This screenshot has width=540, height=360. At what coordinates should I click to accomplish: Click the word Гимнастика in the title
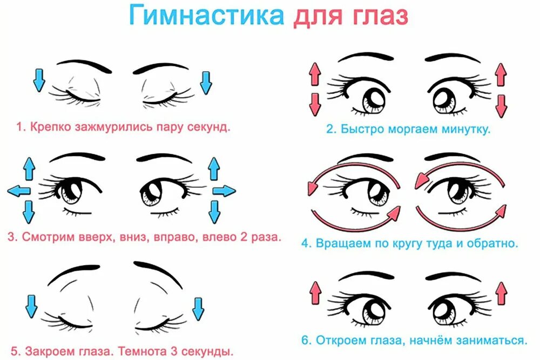pyautogui.click(x=206, y=16)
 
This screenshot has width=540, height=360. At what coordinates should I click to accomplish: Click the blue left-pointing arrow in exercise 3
pyautogui.click(x=19, y=190)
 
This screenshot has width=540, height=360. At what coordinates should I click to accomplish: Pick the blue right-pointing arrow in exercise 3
pyautogui.click(x=224, y=190)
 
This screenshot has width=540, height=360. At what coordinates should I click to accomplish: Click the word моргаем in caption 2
pyautogui.click(x=418, y=130)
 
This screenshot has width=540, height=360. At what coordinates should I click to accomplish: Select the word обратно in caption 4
pyautogui.click(x=494, y=243)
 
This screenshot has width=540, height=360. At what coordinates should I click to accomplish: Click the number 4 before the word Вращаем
pyautogui.click(x=305, y=243)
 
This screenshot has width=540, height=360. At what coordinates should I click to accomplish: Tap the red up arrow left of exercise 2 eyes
pyautogui.click(x=313, y=73)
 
